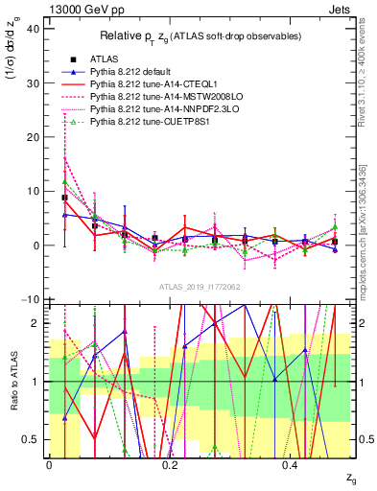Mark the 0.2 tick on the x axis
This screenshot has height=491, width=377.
click(170, 466)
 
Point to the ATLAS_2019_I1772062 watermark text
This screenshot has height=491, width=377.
click(199, 287)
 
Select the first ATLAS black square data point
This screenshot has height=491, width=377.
click(64, 198)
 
